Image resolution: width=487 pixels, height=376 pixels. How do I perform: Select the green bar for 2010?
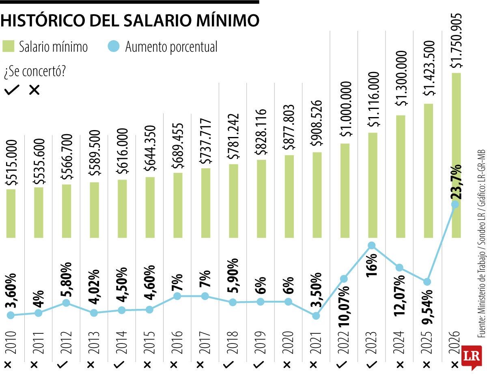coord(11,213)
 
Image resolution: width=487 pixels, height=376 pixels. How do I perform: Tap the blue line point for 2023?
coord(371,245)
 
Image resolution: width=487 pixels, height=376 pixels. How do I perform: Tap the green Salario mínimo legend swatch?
coord(9,46)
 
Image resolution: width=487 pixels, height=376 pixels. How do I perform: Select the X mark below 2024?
coord(400,363)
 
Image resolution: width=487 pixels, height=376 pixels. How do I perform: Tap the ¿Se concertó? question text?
coord(34,72)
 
